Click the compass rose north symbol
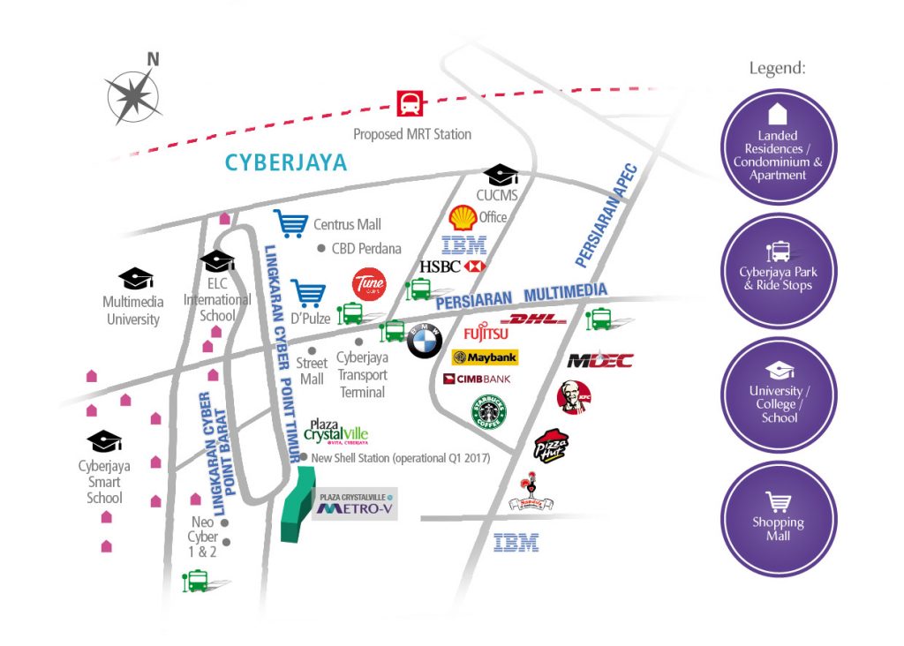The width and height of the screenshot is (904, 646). [x=134, y=90]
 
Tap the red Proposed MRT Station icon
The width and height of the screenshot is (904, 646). [x=411, y=105]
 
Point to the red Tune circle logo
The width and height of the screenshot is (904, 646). [x=368, y=284]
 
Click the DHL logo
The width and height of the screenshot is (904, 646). [x=533, y=319]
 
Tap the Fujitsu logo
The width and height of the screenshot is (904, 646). [x=486, y=334]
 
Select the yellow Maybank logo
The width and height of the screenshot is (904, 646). [x=485, y=357]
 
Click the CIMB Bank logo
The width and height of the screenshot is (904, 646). [x=478, y=379]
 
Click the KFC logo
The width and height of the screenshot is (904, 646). [x=574, y=397]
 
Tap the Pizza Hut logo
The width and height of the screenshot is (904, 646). [x=551, y=445]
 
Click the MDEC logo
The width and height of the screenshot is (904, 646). [x=600, y=360]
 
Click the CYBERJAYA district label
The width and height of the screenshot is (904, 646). [x=286, y=163]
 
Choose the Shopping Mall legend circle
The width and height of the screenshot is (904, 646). [x=778, y=519]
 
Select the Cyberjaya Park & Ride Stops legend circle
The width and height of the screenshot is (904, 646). [x=778, y=271]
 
